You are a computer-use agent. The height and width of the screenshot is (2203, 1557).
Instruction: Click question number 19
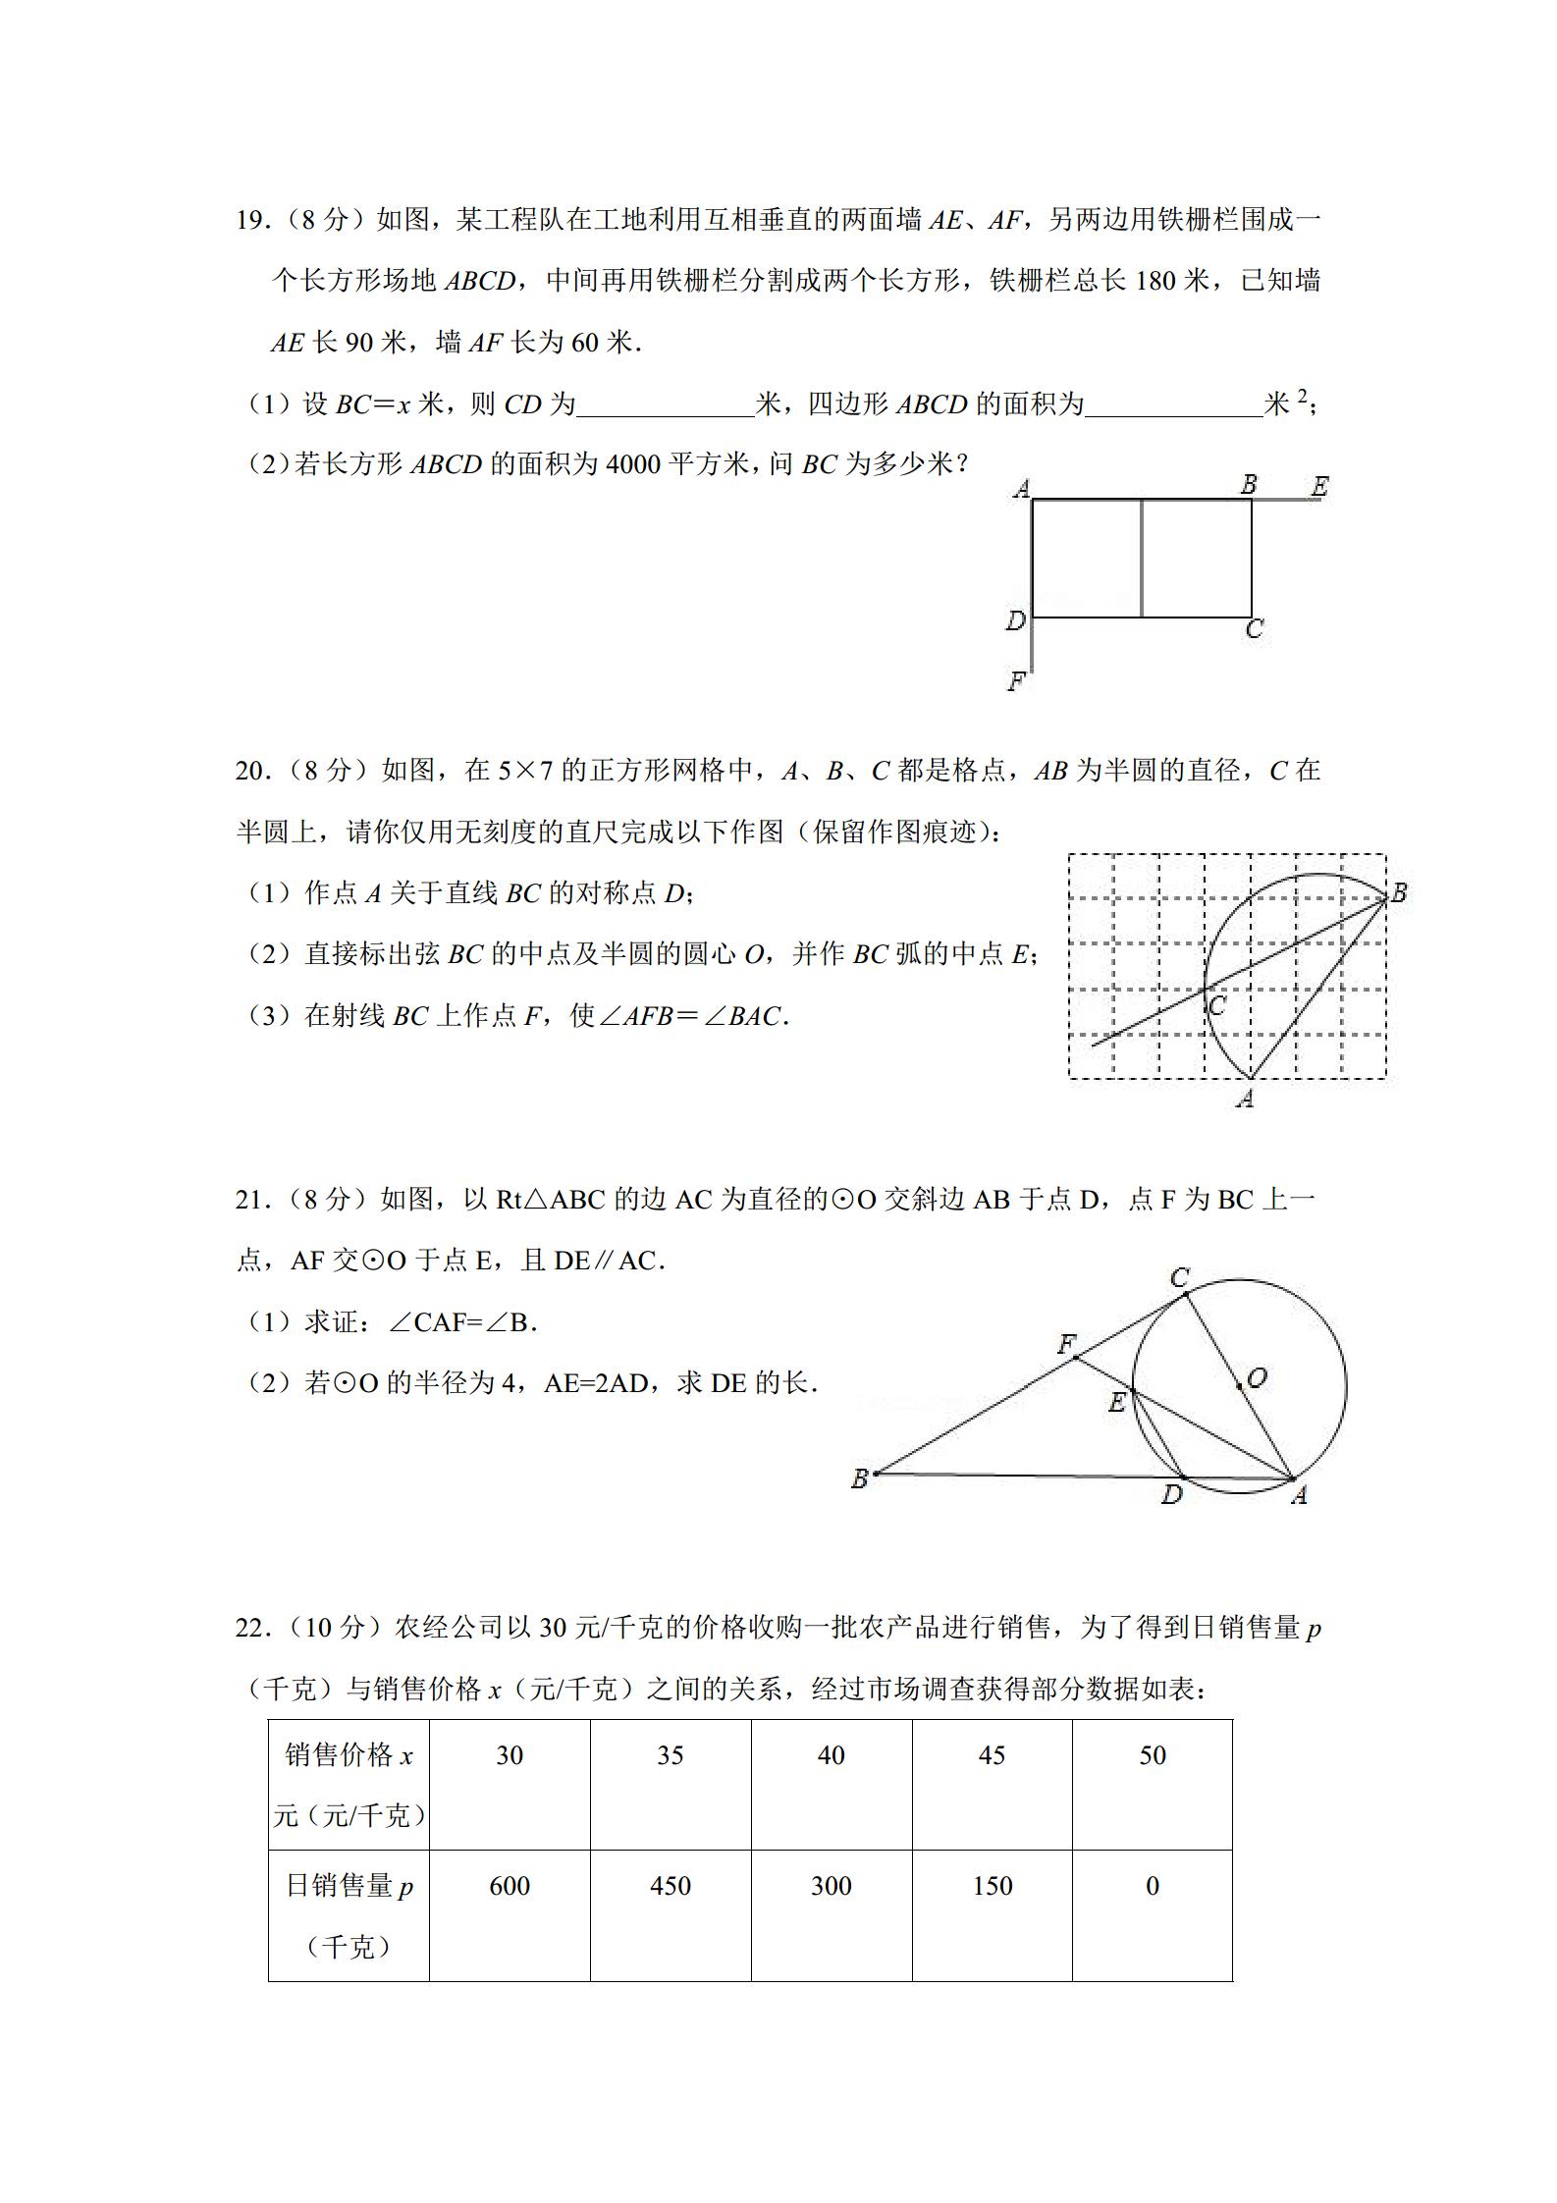pos(251,220)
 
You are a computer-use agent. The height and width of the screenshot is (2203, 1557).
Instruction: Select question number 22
pos(251,1628)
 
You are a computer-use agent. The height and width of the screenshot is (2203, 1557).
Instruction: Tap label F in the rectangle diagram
pos(1016,679)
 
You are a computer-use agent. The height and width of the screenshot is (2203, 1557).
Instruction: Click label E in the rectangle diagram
pos(1319,486)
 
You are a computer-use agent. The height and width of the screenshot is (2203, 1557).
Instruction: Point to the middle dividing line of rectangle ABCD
pos(1141,559)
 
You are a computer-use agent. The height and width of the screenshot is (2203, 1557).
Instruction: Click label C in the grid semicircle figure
pos(1217,1006)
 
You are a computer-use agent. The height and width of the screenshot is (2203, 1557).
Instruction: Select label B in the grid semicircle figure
pos(1399,892)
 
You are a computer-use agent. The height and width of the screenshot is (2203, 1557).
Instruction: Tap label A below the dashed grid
pos(1246,1099)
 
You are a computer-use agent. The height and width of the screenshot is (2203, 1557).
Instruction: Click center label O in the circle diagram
pos(1257,1377)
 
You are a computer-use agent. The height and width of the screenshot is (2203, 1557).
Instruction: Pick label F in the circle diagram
pos(1067,1344)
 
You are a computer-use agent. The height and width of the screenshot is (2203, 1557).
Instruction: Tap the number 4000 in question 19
pos(633,464)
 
